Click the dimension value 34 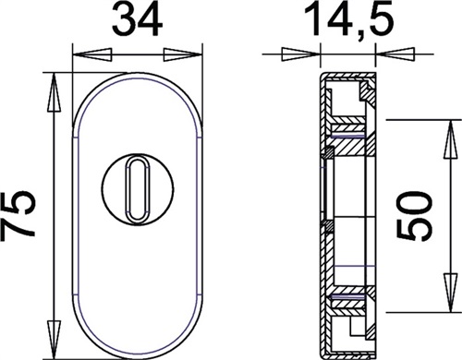[x=137, y=19]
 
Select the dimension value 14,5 [x=349, y=19]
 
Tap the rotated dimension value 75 [x=18, y=214]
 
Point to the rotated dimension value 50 [x=415, y=215]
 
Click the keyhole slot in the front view [x=137, y=188]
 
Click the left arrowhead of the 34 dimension [x=91, y=54]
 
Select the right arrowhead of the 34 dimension [x=182, y=54]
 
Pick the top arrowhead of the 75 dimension [x=54, y=92]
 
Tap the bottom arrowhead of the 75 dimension [x=54, y=340]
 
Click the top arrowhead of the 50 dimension [x=451, y=139]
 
